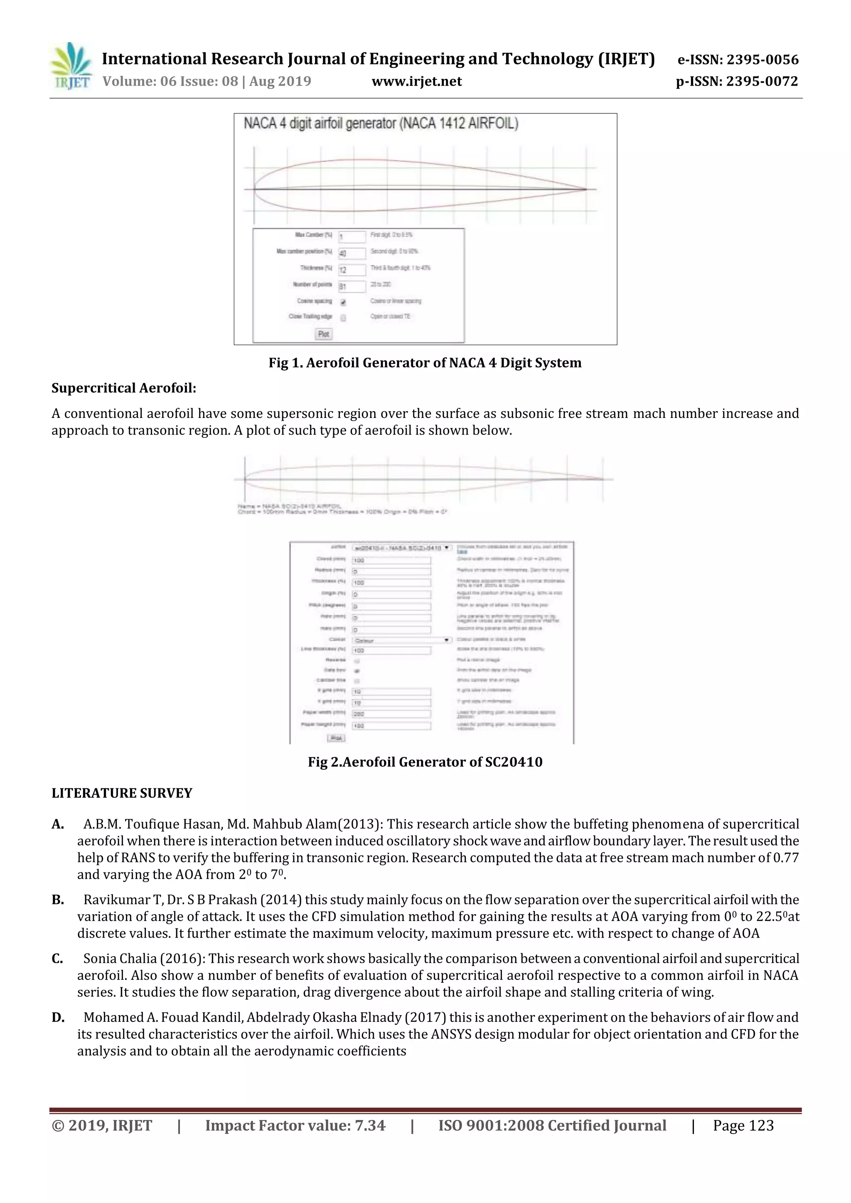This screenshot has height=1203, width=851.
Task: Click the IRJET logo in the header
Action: tap(71, 66)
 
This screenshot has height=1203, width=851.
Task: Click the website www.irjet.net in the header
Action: tap(417, 81)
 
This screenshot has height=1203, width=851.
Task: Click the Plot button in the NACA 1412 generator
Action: tap(324, 334)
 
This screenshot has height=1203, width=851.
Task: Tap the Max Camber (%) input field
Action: tap(352, 237)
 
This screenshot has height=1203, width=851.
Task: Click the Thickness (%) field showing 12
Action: tap(352, 270)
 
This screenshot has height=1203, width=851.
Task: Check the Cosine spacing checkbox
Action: tap(343, 302)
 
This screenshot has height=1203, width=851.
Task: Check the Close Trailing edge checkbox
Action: tap(343, 317)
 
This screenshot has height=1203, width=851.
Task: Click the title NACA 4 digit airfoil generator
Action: tap(381, 124)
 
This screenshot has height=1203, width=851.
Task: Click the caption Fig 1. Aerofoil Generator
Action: tap(425, 363)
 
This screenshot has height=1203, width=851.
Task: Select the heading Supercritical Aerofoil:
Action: tap(124, 388)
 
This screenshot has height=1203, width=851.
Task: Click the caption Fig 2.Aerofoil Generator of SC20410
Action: tap(425, 762)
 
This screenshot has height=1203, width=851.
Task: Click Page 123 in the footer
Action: tap(743, 1125)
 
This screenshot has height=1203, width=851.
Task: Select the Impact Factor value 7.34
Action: tap(369, 1125)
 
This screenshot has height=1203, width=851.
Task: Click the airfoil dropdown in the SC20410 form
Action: tap(401, 547)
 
